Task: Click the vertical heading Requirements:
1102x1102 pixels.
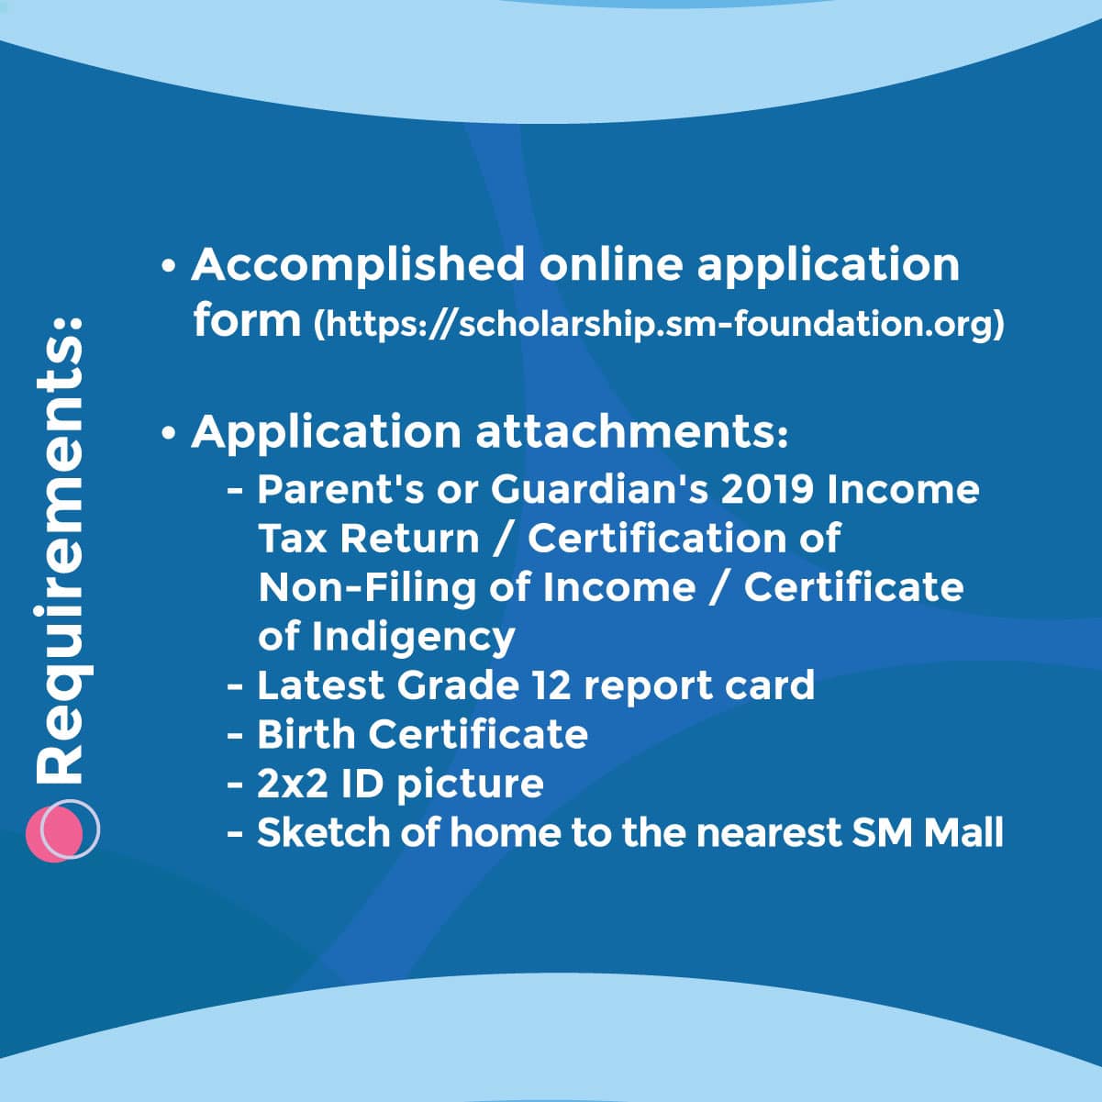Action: pyautogui.click(x=60, y=551)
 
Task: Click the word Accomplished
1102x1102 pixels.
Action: pyautogui.click(x=358, y=266)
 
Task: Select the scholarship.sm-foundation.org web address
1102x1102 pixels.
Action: pyautogui.click(x=658, y=324)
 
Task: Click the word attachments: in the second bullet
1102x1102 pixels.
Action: pyautogui.click(x=632, y=431)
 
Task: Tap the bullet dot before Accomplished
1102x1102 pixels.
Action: pyautogui.click(x=169, y=266)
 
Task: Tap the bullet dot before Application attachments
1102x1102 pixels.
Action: pyautogui.click(x=169, y=433)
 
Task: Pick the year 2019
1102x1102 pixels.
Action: pyautogui.click(x=767, y=490)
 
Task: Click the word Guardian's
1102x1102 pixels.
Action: pyautogui.click(x=599, y=490)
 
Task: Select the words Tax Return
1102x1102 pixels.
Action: pyautogui.click(x=369, y=539)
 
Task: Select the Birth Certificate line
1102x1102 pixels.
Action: pyautogui.click(x=423, y=734)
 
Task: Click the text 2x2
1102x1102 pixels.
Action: pyautogui.click(x=292, y=784)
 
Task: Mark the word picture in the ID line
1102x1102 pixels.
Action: pyautogui.click(x=470, y=785)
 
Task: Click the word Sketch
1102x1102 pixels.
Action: pyautogui.click(x=323, y=832)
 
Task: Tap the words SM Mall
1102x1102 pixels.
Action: pyautogui.click(x=927, y=832)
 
